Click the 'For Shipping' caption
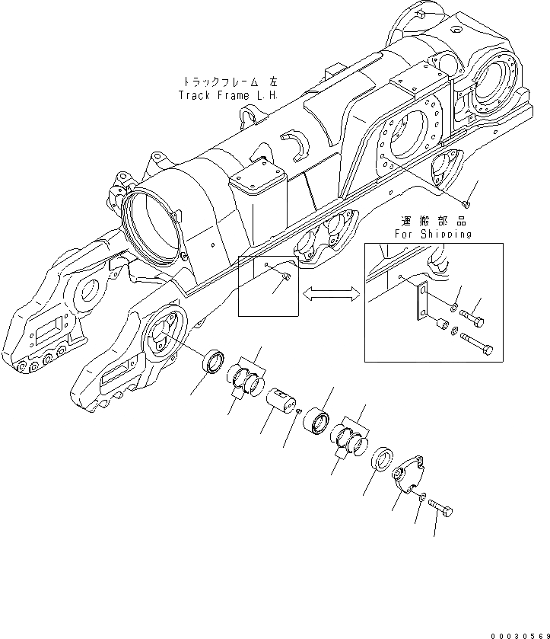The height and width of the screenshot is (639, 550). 433,235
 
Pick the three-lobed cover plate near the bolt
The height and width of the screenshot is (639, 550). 410,478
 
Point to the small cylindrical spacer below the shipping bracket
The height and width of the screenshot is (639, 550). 440,326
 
